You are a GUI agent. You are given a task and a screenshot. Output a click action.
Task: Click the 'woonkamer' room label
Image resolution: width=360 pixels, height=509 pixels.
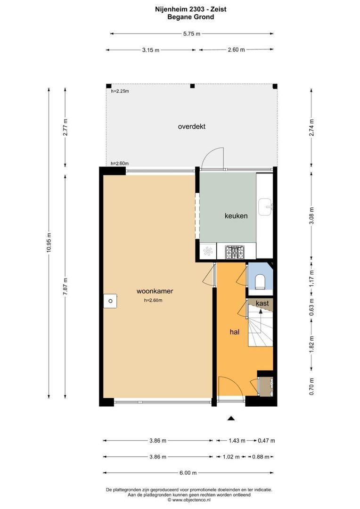155,291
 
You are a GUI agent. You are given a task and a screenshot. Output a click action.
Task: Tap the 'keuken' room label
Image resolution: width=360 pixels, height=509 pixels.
236,215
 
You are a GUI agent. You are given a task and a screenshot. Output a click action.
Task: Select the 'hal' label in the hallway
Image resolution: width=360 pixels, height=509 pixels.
235,332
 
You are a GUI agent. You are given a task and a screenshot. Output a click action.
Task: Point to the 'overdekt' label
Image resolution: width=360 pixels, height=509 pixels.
191,126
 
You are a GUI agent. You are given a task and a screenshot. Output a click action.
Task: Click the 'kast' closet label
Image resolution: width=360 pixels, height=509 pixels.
262,304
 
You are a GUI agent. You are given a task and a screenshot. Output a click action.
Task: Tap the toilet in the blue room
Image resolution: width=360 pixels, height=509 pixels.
260,282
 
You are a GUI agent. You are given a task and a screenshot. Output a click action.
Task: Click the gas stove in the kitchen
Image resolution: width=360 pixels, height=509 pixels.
235,253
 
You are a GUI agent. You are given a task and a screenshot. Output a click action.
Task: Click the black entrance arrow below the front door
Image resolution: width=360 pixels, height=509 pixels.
231,418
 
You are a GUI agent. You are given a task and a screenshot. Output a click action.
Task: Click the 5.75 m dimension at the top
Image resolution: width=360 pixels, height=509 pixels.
191,33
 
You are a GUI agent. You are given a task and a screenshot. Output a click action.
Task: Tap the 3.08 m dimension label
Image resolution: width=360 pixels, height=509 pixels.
311,216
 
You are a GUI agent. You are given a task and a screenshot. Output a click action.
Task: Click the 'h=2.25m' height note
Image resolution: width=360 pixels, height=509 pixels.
120,91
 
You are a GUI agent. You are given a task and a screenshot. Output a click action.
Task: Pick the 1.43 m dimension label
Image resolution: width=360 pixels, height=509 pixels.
237,441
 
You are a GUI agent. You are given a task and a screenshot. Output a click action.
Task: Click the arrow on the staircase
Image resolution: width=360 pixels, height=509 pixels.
260,313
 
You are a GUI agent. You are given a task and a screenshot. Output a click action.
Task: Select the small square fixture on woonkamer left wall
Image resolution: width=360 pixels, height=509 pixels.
110,300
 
